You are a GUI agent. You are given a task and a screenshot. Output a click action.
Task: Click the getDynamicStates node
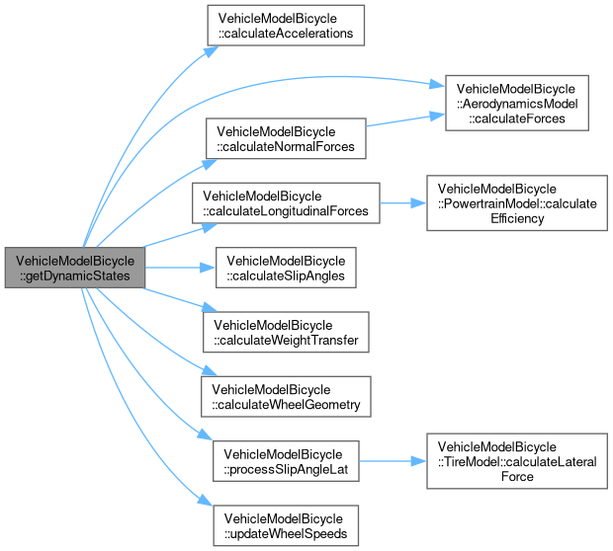(x=74, y=267)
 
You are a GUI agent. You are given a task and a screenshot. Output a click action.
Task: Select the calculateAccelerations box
(x=285, y=25)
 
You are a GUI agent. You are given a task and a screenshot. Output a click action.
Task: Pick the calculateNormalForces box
(x=285, y=139)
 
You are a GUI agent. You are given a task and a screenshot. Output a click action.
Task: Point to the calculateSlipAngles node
(x=285, y=268)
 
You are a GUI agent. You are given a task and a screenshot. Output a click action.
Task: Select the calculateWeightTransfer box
(x=285, y=332)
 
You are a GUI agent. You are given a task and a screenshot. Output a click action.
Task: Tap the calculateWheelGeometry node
(x=285, y=396)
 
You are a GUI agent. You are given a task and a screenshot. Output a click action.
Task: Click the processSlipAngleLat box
(x=285, y=460)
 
